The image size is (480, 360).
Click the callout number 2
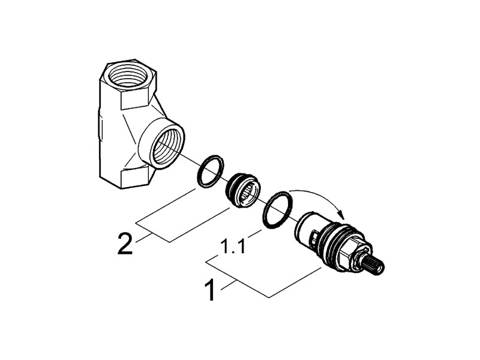coord(125,244)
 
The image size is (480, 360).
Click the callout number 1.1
coord(233,247)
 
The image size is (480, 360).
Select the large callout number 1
coord(210,289)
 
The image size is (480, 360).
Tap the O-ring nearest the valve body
coord(210,171)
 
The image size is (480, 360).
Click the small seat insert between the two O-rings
coord(241,191)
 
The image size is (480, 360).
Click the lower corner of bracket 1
coord(269,297)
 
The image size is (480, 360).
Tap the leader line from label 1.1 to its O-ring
coord(255,232)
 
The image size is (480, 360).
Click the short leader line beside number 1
coord(228,284)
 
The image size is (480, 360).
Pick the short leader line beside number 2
coord(144,238)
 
